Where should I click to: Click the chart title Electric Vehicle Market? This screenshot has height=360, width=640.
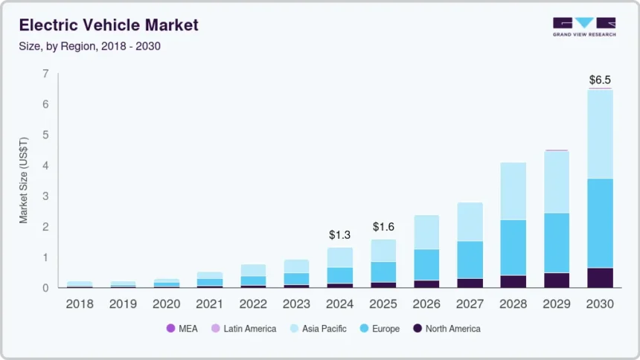pyautogui.click(x=109, y=25)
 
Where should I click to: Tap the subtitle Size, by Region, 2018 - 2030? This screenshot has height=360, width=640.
pyautogui.click(x=90, y=46)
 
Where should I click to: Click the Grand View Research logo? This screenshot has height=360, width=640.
pyautogui.click(x=583, y=27)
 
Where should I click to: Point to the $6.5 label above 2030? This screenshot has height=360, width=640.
pyautogui.click(x=600, y=79)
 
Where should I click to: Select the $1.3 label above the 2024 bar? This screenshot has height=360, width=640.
pyautogui.click(x=339, y=234)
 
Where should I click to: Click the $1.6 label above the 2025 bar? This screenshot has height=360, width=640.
pyautogui.click(x=384, y=226)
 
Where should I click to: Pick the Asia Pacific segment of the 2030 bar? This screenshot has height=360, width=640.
pyautogui.click(x=600, y=134)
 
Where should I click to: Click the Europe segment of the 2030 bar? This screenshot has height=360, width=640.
pyautogui.click(x=600, y=223)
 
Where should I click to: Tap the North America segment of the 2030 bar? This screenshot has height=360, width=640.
pyautogui.click(x=600, y=277)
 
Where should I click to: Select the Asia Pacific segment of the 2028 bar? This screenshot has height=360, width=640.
pyautogui.click(x=513, y=191)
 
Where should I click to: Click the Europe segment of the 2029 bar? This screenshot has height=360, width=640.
pyautogui.click(x=556, y=242)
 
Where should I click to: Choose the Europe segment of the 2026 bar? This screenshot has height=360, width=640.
pyautogui.click(x=426, y=264)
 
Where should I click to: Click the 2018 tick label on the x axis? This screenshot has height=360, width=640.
pyautogui.click(x=79, y=303)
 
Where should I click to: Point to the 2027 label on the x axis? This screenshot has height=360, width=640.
pyautogui.click(x=470, y=303)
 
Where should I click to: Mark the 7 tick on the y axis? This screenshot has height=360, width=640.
pyautogui.click(x=45, y=74)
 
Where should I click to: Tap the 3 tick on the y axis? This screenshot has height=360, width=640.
pyautogui.click(x=45, y=196)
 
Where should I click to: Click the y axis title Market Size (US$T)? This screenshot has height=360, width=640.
pyautogui.click(x=24, y=181)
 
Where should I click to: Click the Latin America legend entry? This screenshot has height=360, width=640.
pyautogui.click(x=243, y=328)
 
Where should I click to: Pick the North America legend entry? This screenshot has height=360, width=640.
pyautogui.click(x=446, y=328)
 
